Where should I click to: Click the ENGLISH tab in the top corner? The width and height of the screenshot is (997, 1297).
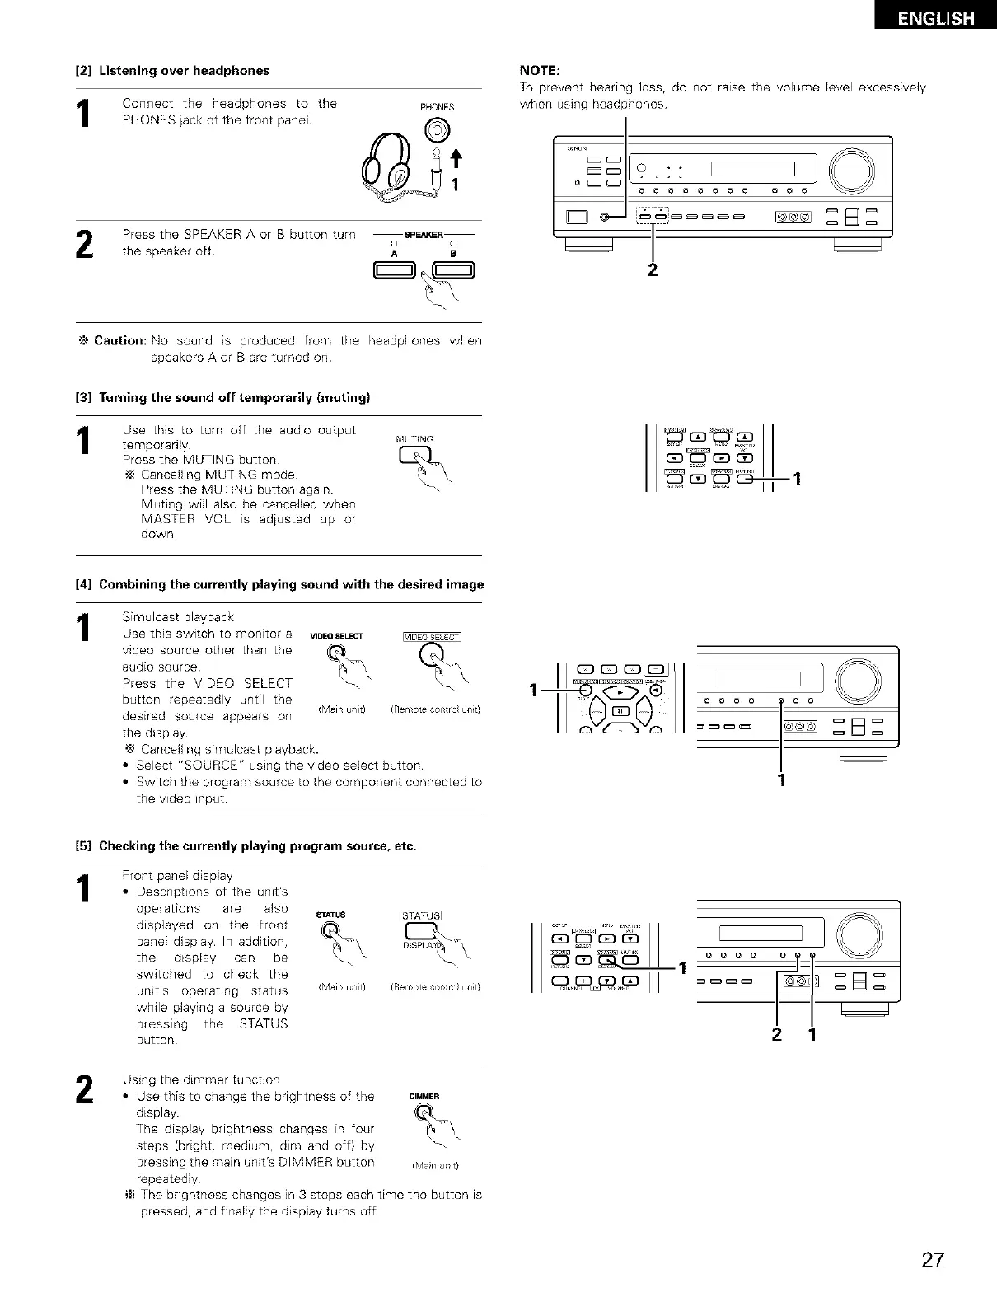(x=936, y=18)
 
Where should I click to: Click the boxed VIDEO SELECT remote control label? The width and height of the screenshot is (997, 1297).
(x=432, y=635)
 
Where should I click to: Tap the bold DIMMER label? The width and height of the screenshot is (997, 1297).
(x=424, y=1097)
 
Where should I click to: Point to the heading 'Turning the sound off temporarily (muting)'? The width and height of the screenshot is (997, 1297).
(x=234, y=398)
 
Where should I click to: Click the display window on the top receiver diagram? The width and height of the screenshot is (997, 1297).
(x=752, y=170)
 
